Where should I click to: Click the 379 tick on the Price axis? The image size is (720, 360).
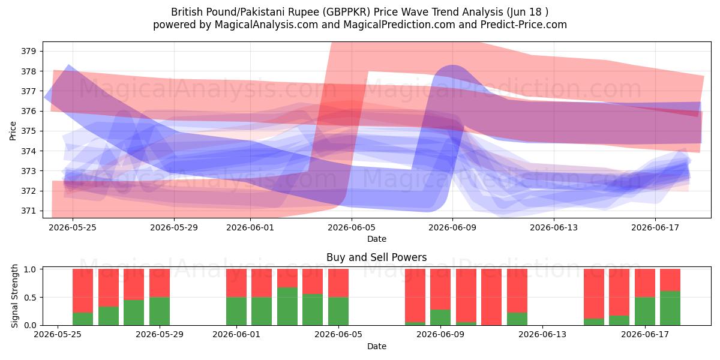pos(28,51)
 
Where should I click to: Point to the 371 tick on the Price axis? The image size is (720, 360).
pos(28,211)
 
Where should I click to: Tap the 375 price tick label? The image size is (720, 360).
pos(28,131)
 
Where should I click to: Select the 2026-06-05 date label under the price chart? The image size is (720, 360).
pos(352,227)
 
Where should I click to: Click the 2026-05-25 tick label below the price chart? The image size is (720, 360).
pos(73,227)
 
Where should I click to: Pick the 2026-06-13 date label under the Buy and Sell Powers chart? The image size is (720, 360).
pos(542,335)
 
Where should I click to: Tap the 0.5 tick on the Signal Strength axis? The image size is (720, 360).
pos(30,298)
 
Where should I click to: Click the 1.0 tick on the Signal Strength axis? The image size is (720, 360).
pos(30,269)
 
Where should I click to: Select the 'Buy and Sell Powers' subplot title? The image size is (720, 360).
pos(376,257)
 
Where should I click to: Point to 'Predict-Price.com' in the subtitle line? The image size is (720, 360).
pos(524,25)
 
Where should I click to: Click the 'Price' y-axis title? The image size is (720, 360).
pos(13,131)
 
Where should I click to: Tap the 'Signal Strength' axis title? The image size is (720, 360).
pos(14,296)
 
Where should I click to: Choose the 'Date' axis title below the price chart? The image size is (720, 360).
pos(377,239)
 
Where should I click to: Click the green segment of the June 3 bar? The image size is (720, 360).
pos(287,307)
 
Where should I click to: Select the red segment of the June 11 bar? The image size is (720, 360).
pos(491,297)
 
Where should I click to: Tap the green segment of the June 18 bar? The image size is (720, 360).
pos(670,308)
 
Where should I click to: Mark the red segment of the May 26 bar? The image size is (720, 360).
pos(83,290)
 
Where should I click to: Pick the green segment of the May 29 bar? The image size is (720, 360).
pos(160,311)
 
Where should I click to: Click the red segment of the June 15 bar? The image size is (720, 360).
pos(594,293)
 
